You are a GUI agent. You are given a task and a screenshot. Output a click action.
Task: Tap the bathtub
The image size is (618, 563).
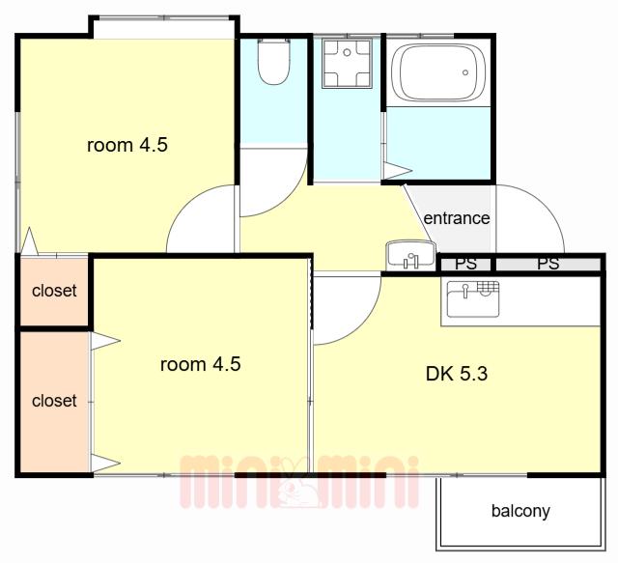click(x=437, y=71)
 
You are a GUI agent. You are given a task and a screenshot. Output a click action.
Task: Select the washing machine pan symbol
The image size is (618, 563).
click(x=347, y=63)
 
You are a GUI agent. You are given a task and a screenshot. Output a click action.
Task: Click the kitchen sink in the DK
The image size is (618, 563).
click(x=473, y=298)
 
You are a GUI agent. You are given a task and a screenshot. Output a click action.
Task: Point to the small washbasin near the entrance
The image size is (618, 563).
click(x=410, y=255)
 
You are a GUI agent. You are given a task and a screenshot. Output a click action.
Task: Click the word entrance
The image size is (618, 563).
click(x=457, y=218)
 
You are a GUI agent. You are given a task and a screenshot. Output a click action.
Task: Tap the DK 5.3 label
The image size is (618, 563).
click(x=457, y=374)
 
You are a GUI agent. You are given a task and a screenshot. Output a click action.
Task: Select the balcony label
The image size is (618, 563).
click(x=520, y=511)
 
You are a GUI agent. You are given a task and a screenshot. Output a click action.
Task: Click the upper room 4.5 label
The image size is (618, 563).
click(x=127, y=145)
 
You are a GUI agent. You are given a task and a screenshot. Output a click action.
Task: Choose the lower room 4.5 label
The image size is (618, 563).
click(x=200, y=364)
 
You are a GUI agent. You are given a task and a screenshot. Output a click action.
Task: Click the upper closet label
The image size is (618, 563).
click(x=54, y=291)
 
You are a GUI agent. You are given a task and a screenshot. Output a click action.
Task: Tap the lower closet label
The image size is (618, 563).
click(x=54, y=401)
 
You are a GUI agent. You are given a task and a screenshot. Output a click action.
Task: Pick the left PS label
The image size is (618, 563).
click(x=465, y=264)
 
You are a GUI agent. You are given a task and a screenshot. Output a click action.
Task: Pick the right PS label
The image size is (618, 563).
click(x=548, y=264)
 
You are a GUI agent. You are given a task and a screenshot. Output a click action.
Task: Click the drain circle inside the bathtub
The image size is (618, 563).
click(x=465, y=72)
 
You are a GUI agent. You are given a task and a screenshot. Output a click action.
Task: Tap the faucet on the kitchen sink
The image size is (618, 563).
click(x=465, y=291)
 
